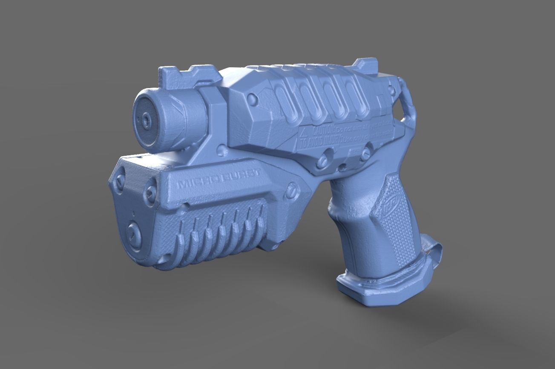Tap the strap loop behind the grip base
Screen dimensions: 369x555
pos(432,253)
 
